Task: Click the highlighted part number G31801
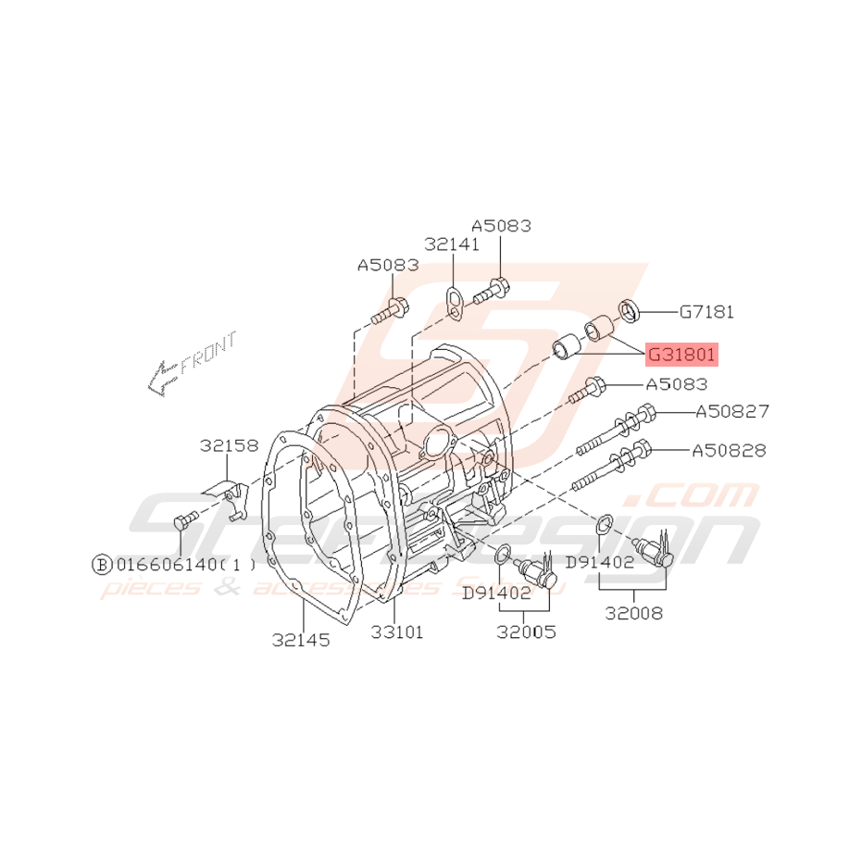(x=681, y=354)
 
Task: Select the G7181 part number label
(x=706, y=312)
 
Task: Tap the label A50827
(x=731, y=411)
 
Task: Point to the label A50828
(x=729, y=451)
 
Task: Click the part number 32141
(x=452, y=244)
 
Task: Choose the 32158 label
(x=229, y=446)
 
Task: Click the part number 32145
(x=301, y=640)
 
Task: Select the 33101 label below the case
(x=397, y=633)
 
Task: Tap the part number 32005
(x=526, y=633)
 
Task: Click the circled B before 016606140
(x=100, y=564)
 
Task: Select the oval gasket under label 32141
(x=454, y=305)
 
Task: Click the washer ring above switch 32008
(x=603, y=523)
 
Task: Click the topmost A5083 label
(x=501, y=226)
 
